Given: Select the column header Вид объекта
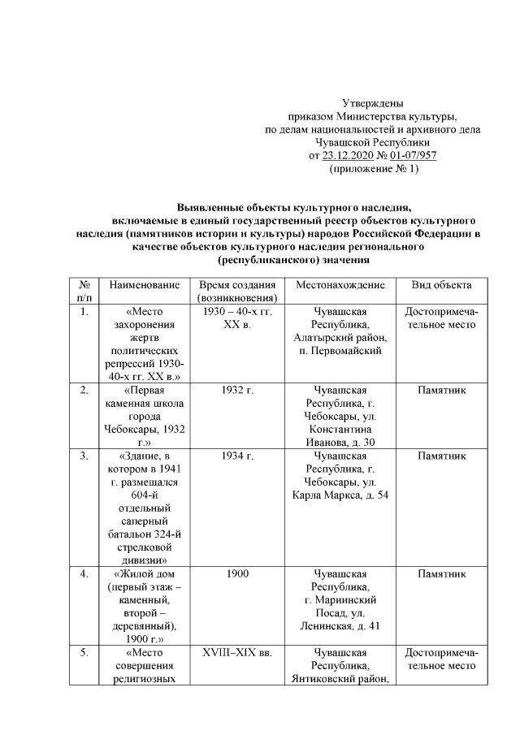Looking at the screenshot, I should [x=441, y=286].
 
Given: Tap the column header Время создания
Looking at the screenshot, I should [x=237, y=286].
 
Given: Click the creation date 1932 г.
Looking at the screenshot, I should [x=237, y=391].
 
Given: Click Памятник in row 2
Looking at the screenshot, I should [x=441, y=391].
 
